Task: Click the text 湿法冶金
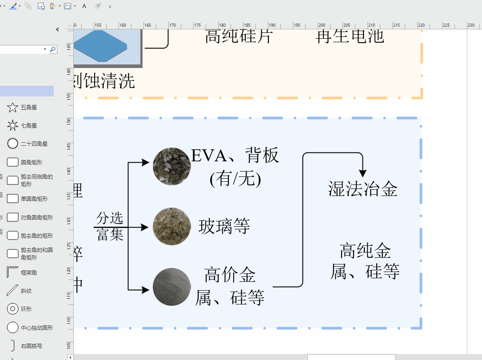pyautogui.click(x=362, y=189)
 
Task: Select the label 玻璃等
pyautogui.click(x=224, y=226)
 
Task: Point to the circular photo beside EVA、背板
pyautogui.click(x=172, y=166)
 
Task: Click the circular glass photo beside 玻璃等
pyautogui.click(x=172, y=226)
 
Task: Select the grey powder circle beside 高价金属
pyautogui.click(x=172, y=287)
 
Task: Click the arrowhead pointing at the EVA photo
pyautogui.click(x=145, y=163)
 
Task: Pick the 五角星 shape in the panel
pyautogui.click(x=13, y=108)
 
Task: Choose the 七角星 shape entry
pyautogui.click(x=13, y=126)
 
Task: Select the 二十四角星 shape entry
pyautogui.click(x=13, y=144)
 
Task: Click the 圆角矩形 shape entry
pyautogui.click(x=13, y=162)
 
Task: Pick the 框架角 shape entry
pyautogui.click(x=13, y=272)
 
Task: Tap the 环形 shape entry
pyautogui.click(x=13, y=309)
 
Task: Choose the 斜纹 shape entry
pyautogui.click(x=13, y=291)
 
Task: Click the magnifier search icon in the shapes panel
pyautogui.click(x=53, y=49)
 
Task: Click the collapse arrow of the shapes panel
pyautogui.click(x=57, y=29)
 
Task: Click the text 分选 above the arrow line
pyautogui.click(x=110, y=218)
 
